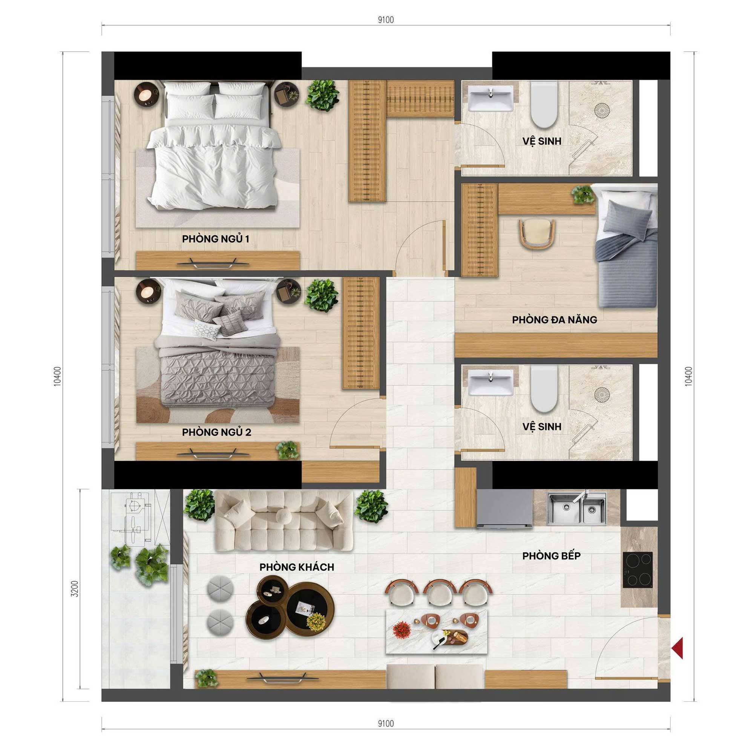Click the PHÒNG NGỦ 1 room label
[x=215, y=239]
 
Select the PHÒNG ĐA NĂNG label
[x=554, y=320]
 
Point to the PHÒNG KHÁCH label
[x=297, y=567]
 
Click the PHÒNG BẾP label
[x=552, y=555]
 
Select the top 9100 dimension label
[x=386, y=20]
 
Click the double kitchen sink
[x=577, y=508]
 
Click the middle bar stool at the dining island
[x=440, y=594]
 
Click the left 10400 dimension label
[x=57, y=376]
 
